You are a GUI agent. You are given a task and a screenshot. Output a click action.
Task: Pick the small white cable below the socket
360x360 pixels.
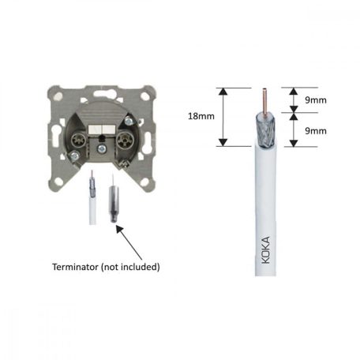(92, 205)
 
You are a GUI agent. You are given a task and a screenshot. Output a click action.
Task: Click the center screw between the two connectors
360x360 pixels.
(102, 144)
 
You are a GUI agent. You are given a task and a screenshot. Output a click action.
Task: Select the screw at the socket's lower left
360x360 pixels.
(72, 157)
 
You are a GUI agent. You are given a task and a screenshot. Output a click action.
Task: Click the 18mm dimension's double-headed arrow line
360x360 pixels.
(223, 116)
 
